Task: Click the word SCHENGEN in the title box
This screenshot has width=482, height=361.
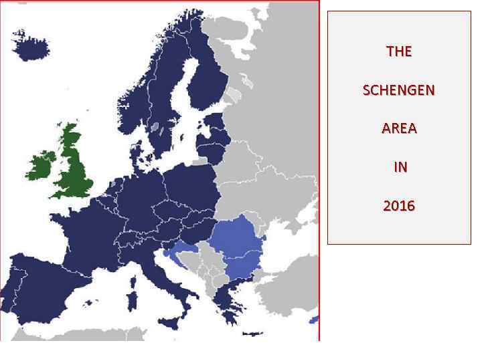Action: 398,90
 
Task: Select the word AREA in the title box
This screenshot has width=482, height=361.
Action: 399,128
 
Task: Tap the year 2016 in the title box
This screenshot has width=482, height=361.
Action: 399,206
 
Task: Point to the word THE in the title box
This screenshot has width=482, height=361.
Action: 399,51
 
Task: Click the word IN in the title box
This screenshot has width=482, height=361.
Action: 400,167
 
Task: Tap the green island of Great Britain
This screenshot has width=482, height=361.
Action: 75,167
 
